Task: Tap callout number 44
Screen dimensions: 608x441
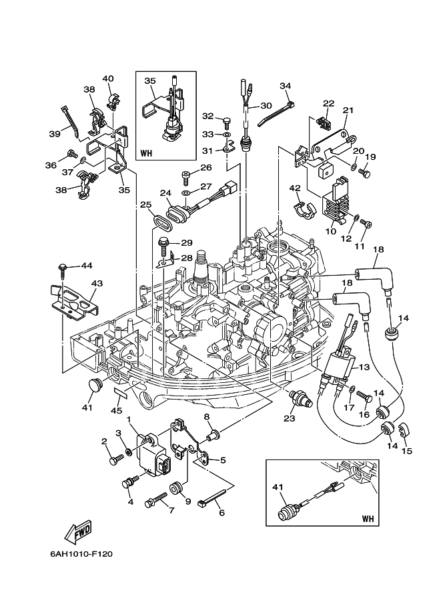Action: pyautogui.click(x=86, y=266)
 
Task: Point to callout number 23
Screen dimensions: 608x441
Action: pyautogui.click(x=289, y=418)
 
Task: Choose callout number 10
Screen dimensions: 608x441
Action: pyautogui.click(x=330, y=231)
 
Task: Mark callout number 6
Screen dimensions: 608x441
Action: pyautogui.click(x=222, y=513)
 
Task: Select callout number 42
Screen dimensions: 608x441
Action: pyautogui.click(x=294, y=188)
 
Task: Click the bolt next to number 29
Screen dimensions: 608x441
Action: pyautogui.click(x=163, y=246)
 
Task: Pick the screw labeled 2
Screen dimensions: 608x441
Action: pyautogui.click(x=117, y=458)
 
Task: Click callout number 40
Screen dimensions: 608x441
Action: pyautogui.click(x=108, y=79)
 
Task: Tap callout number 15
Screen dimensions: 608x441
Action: pyautogui.click(x=407, y=451)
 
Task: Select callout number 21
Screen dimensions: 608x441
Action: pyautogui.click(x=348, y=110)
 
